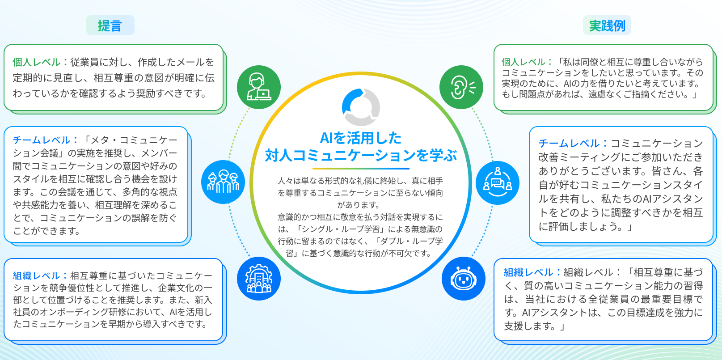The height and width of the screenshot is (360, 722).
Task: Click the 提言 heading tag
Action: coord(110,25)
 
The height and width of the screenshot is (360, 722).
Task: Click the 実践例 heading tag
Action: coord(607,25)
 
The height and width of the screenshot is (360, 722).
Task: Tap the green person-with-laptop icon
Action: coord(259,87)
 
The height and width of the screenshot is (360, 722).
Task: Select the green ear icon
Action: coord(461,87)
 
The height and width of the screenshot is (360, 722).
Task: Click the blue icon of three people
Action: coord(223,182)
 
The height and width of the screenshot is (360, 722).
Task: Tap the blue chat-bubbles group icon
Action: coord(497,183)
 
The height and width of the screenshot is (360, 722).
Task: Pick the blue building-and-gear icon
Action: coord(259,279)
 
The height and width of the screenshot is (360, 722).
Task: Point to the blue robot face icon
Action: coord(464,279)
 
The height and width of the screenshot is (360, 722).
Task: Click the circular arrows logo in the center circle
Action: coord(361,107)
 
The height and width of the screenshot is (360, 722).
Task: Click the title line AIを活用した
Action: coord(361,138)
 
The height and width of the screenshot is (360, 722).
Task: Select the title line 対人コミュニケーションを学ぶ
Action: coord(361,155)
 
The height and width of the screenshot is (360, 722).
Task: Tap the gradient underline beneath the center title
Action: coord(361,168)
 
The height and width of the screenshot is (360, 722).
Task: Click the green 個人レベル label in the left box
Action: coord(36,62)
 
